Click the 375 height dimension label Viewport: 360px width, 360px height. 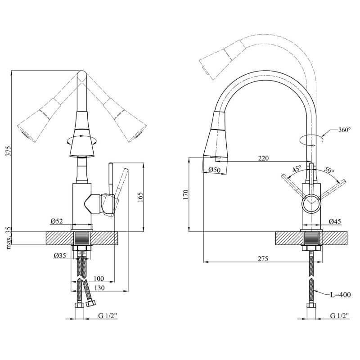[x=8, y=151]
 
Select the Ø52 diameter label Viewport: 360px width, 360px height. [x=57, y=221]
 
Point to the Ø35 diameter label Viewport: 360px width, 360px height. [x=60, y=255]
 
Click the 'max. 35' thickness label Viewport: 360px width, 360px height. [x=8, y=238]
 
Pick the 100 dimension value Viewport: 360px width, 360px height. [x=99, y=279]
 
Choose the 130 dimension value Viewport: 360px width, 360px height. [x=99, y=288]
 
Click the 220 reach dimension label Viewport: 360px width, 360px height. [x=263, y=158]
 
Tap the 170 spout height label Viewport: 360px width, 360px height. [x=186, y=194]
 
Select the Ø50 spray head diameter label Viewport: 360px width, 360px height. [x=215, y=170]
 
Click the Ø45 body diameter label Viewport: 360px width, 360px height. [x=335, y=221]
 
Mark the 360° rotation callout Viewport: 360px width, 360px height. [x=345, y=130]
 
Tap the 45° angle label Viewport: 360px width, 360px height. [x=297, y=169]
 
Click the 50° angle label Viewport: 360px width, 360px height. [x=329, y=170]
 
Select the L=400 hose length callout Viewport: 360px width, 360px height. [x=341, y=295]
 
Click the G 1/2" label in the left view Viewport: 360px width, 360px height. [x=108, y=316]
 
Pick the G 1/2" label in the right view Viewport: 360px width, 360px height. [x=340, y=316]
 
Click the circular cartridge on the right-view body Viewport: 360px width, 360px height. [x=311, y=203]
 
